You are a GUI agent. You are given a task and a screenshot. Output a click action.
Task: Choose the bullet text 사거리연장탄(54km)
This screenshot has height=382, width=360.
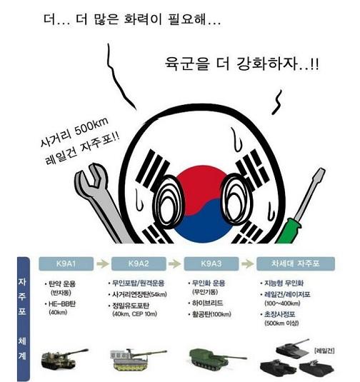[146, 294]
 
